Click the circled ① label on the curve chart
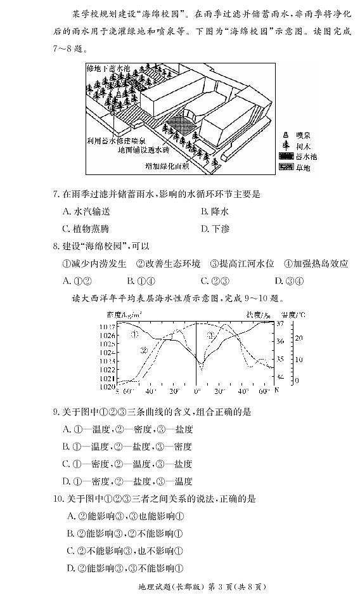pos(135,334)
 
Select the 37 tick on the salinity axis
pos(281,324)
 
